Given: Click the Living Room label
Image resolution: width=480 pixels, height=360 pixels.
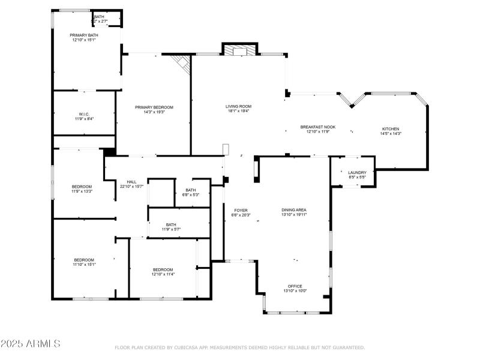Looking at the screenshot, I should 239,106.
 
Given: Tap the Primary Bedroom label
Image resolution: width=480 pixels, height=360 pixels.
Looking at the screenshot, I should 154,107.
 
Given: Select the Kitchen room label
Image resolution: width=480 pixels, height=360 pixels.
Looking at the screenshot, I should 391,129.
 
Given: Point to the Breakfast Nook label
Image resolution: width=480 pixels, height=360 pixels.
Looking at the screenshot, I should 318,127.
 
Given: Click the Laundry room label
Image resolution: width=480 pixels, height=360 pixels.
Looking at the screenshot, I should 357,173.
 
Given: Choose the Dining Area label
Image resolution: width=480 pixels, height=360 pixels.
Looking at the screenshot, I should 294,210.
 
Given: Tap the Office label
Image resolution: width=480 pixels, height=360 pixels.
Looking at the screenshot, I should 295,286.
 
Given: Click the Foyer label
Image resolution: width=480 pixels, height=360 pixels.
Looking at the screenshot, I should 241,211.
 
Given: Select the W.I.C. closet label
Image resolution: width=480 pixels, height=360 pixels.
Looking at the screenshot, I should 84,114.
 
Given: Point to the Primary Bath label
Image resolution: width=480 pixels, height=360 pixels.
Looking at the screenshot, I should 84,35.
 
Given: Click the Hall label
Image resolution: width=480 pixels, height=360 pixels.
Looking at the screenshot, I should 131,182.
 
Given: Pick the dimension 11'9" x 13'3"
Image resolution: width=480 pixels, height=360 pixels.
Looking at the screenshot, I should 82,191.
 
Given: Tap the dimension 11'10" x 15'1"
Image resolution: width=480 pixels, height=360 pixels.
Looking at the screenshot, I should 84,264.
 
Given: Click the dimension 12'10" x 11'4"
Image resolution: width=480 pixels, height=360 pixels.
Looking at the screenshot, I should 163,274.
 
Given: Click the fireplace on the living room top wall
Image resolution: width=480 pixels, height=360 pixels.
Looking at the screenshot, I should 240,50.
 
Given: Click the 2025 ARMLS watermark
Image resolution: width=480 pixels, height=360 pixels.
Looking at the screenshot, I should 30,344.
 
